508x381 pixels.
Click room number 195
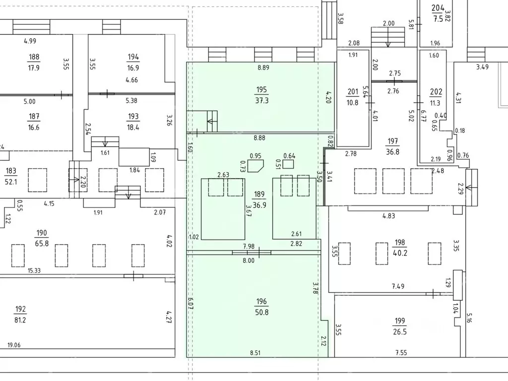(261, 90)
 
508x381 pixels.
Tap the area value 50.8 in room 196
(262, 313)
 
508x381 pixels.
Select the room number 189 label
(259, 194)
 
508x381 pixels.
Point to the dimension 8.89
(263, 67)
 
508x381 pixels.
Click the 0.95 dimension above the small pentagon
(255, 156)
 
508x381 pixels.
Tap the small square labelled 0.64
(288, 164)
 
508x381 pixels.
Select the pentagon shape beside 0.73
(255, 165)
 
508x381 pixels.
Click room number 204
(438, 8)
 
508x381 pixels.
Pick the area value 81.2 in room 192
(20, 320)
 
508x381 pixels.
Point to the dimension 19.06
(14, 345)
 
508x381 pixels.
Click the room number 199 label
(400, 321)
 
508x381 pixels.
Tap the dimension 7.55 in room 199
(401, 353)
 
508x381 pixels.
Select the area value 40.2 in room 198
(400, 253)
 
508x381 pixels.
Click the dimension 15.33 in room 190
(34, 270)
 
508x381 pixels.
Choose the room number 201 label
(353, 92)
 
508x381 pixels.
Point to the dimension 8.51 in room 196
(255, 353)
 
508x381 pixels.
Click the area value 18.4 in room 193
(133, 127)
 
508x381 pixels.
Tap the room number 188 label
(34, 57)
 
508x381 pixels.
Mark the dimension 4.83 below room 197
(389, 216)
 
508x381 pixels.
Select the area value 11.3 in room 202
(435, 103)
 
